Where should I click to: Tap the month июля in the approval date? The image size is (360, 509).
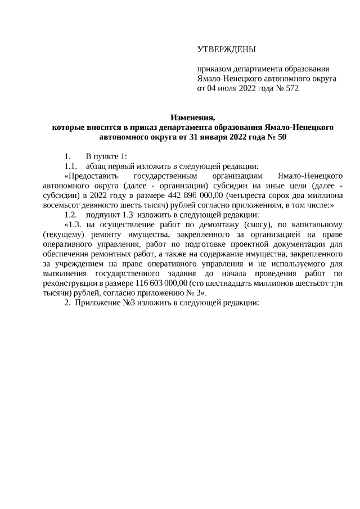[227, 88]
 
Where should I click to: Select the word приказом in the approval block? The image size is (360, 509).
[213, 69]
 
